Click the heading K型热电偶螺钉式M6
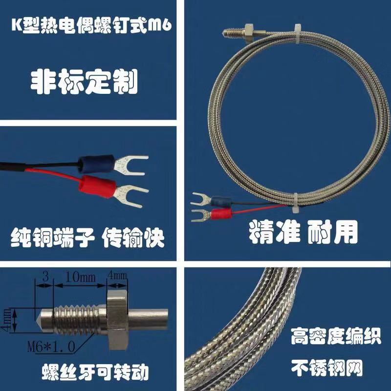pos(91,25)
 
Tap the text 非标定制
pos(84,82)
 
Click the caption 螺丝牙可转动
pos(95,372)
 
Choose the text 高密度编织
pos(336,336)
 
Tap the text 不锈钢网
pos(327,368)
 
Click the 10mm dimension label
pos(80,277)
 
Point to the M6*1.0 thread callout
pos(51,347)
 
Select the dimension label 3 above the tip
pos(45,277)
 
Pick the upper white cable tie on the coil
pos(298,34)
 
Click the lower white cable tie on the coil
pos(296,202)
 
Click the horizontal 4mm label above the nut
pos(117,276)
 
